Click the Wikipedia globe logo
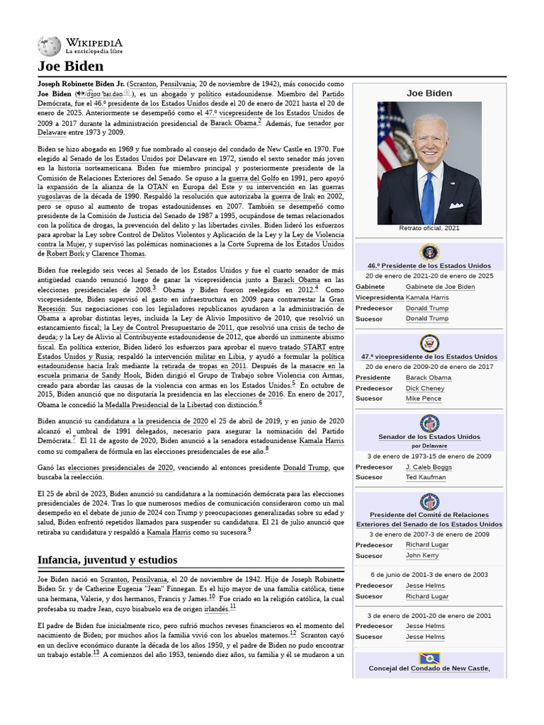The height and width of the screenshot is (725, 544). [x=49, y=46]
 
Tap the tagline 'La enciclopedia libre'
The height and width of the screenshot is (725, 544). [x=94, y=52]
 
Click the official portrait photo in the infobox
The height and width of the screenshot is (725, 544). [x=429, y=163]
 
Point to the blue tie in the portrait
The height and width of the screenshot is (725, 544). [x=428, y=198]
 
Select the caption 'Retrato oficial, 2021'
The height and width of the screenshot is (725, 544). [x=429, y=229]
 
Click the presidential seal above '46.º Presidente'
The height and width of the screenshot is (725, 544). [x=429, y=253]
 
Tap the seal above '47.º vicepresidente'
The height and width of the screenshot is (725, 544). [x=429, y=343]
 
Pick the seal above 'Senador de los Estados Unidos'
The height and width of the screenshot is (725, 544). [x=429, y=423]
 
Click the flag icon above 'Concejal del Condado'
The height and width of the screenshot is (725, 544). [x=429, y=658]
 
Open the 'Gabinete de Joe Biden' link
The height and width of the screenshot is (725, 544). [x=440, y=287]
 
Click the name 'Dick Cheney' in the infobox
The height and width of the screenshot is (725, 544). [x=425, y=388]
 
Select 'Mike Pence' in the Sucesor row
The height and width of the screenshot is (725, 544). [x=423, y=399]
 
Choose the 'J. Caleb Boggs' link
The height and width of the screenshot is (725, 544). [x=429, y=467]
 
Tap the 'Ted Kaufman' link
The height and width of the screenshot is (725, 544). [x=426, y=478]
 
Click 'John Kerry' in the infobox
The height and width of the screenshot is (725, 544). [x=422, y=556]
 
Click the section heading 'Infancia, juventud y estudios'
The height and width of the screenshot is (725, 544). [x=107, y=560]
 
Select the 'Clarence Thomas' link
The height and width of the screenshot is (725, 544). [x=118, y=253]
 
